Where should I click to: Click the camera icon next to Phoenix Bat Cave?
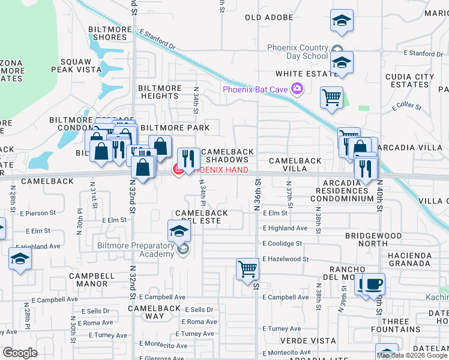click(297, 89)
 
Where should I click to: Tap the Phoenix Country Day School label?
click(298, 52)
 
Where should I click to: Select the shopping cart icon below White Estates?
click(331, 97)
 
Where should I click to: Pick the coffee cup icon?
click(374, 283)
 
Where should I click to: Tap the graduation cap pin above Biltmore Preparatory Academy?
click(179, 230)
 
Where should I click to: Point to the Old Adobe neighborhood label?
click(270, 17)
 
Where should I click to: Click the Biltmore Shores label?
click(108, 33)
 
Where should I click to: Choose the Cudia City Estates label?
click(410, 80)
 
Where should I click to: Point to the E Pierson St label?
click(37, 212)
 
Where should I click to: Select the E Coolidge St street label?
click(282, 244)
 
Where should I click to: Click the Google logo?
click(20, 353)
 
